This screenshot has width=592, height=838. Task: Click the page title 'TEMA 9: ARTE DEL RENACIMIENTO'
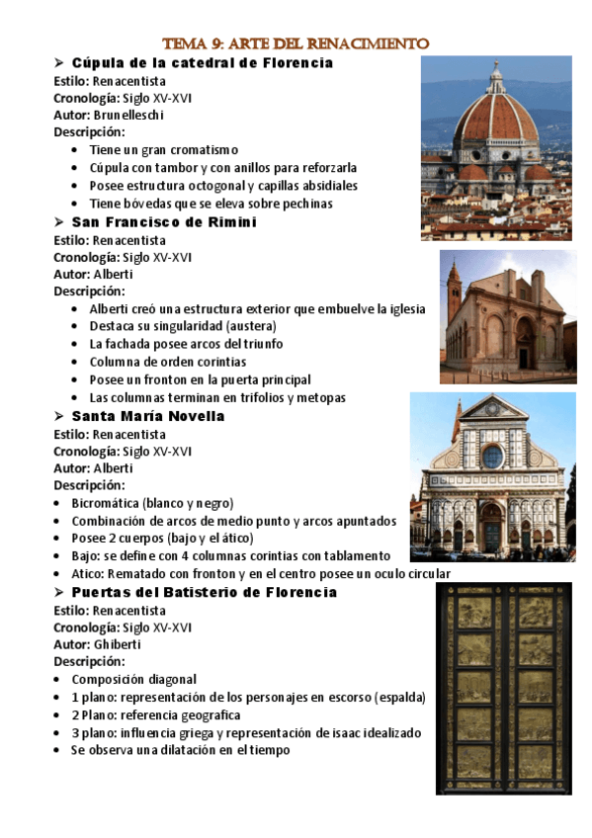click(296, 43)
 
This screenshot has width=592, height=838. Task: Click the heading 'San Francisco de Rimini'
click(164, 222)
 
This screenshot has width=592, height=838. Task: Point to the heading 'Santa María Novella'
click(148, 416)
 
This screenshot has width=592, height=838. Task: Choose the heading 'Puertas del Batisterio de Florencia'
click(204, 592)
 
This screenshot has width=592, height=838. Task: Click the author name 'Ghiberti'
click(118, 643)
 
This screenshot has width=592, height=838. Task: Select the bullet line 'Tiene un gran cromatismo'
click(163, 150)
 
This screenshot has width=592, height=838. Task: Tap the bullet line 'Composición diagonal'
click(133, 679)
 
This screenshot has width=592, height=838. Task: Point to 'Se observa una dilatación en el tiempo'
click(180, 750)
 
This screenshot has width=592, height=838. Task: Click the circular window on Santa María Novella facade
click(492, 456)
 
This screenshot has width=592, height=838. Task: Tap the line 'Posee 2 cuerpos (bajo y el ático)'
click(162, 539)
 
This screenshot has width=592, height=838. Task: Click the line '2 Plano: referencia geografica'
click(155, 714)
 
